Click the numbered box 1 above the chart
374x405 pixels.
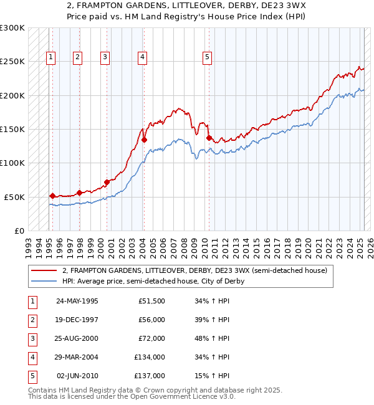pyautogui.click(x=50, y=57)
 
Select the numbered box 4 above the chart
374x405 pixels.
pyautogui.click(x=143, y=57)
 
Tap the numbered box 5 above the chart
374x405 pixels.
pyautogui.click(x=207, y=57)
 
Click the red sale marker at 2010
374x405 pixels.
pyautogui.click(x=209, y=138)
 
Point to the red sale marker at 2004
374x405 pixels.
pyautogui.click(x=144, y=140)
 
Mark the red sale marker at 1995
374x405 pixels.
pyautogui.click(x=52, y=196)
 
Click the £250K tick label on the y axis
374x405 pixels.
pyautogui.click(x=12, y=62)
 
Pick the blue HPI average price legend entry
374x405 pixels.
pyautogui.click(x=153, y=281)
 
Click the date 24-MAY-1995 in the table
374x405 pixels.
pyautogui.click(x=77, y=301)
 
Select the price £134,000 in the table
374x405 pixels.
pyautogui.click(x=150, y=357)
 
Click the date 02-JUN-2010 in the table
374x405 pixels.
pyautogui.click(x=77, y=376)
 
